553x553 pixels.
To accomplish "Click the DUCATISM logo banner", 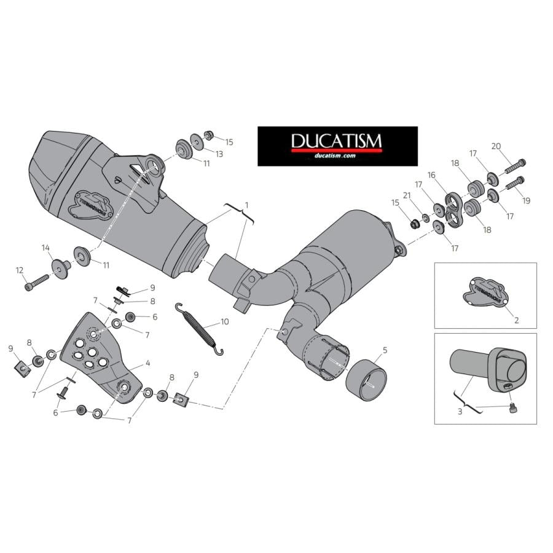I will (337, 146).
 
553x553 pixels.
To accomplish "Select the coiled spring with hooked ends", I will (198, 329).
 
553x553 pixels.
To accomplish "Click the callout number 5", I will (385, 350).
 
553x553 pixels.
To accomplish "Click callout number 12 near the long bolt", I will (20, 270).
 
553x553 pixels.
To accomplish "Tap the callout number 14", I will (45, 248).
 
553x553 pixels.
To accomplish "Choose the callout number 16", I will (431, 175).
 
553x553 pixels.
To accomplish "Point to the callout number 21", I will (406, 195).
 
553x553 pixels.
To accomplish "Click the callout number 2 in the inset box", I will (516, 320).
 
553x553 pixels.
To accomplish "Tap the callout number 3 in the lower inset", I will (460, 411).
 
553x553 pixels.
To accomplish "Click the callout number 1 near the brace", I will (246, 203).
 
